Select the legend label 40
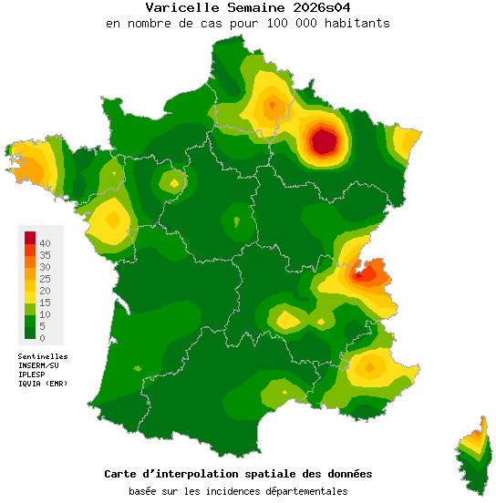pyautogui.click(x=45, y=244)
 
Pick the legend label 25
pyautogui.click(x=45, y=279)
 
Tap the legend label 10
pyautogui.click(x=45, y=314)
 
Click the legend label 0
pyautogui.click(x=42, y=338)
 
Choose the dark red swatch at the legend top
pyautogui.click(x=29, y=238)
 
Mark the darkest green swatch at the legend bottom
pyautogui.click(x=29, y=334)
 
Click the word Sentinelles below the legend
pyautogui.click(x=43, y=356)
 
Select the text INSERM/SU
pyautogui.click(x=39, y=365)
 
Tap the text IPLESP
pyautogui.click(x=33, y=375)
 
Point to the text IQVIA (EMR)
pyautogui.click(x=42, y=384)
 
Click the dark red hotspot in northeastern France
pyautogui.click(x=324, y=141)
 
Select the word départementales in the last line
pyautogui.click(x=304, y=492)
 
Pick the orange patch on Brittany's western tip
pyautogui.click(x=27, y=169)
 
